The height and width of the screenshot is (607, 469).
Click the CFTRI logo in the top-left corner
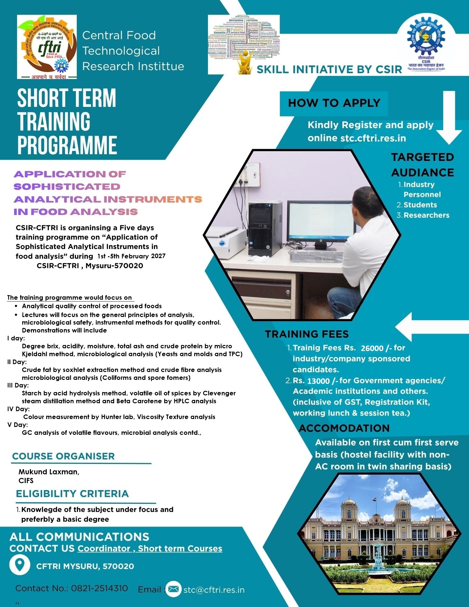tap(47, 47)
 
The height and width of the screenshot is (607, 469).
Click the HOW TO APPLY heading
tap(334, 103)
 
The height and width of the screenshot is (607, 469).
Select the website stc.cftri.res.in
tap(373, 138)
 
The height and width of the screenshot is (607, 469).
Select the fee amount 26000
tap(372, 348)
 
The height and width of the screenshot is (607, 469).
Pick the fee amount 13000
tap(318, 381)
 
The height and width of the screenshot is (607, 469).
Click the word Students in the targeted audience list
tap(420, 205)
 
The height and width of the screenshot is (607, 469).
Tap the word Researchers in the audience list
tap(426, 215)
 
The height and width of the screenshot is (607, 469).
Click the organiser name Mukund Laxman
tap(49, 472)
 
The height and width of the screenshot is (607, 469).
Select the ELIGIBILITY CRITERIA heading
tap(72, 494)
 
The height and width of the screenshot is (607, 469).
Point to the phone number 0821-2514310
tap(99, 588)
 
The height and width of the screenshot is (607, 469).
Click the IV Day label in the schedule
tap(19, 409)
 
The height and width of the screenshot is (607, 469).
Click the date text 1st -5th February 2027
tap(131, 256)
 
